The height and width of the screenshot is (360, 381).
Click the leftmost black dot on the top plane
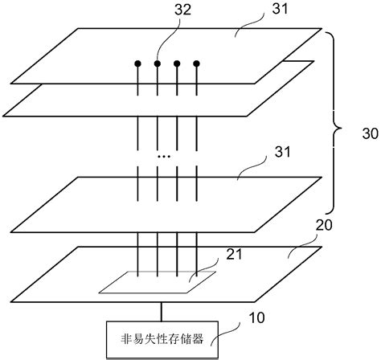138,63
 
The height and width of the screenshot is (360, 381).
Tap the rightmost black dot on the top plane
196,63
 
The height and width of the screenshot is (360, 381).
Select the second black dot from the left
158,63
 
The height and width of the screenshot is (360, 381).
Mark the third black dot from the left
177,63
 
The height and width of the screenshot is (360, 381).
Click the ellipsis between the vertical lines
163,154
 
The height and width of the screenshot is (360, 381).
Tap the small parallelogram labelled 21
157,282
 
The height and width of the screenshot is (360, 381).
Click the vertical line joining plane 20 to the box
161,311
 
